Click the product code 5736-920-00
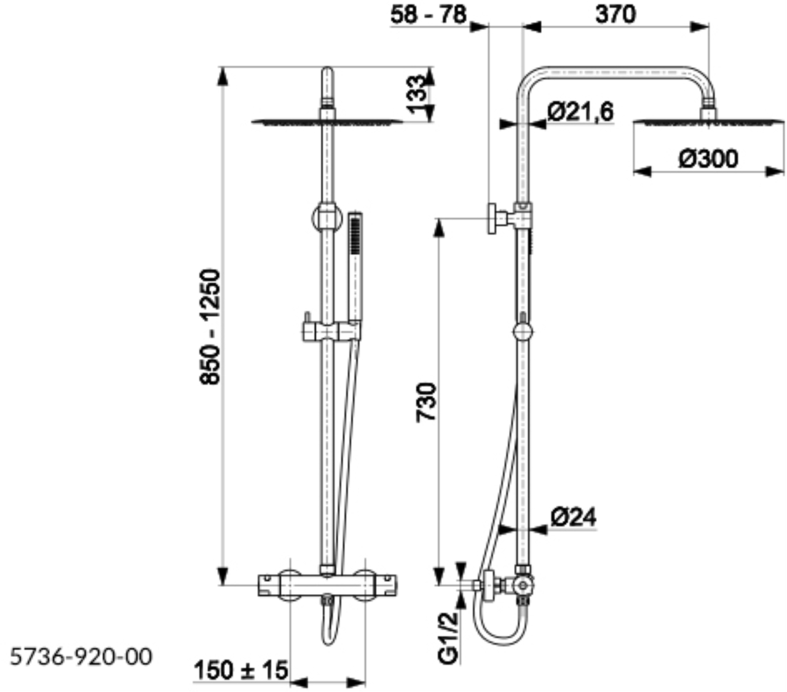pyautogui.click(x=81, y=657)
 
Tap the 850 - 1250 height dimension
pyautogui.click(x=210, y=327)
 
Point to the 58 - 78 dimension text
pyautogui.click(x=428, y=15)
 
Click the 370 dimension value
pyautogui.click(x=615, y=15)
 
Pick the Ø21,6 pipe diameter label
pyautogui.click(x=580, y=111)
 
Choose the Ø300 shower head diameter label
pyautogui.click(x=708, y=159)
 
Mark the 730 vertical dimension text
pyautogui.click(x=426, y=402)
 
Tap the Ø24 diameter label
pyautogui.click(x=574, y=517)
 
